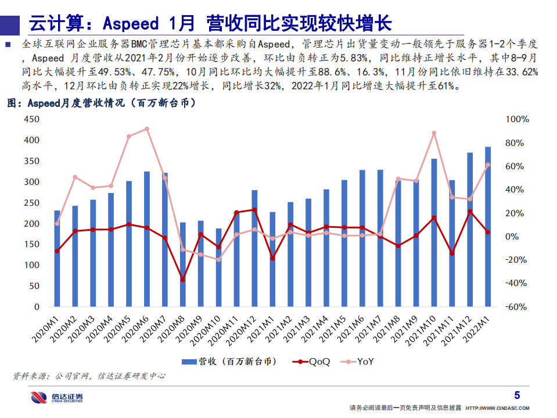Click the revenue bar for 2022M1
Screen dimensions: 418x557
488,227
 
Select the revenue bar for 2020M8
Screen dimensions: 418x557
182,265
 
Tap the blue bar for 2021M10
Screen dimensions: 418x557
434,233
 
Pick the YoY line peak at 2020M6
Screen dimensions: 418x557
146,129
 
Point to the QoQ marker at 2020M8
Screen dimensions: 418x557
182,280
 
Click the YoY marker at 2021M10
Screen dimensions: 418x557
434,133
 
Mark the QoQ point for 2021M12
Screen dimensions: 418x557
470,212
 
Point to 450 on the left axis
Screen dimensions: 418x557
31,120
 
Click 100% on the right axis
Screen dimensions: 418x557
517,120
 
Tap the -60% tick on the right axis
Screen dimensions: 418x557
517,307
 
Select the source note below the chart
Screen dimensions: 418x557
88,376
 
